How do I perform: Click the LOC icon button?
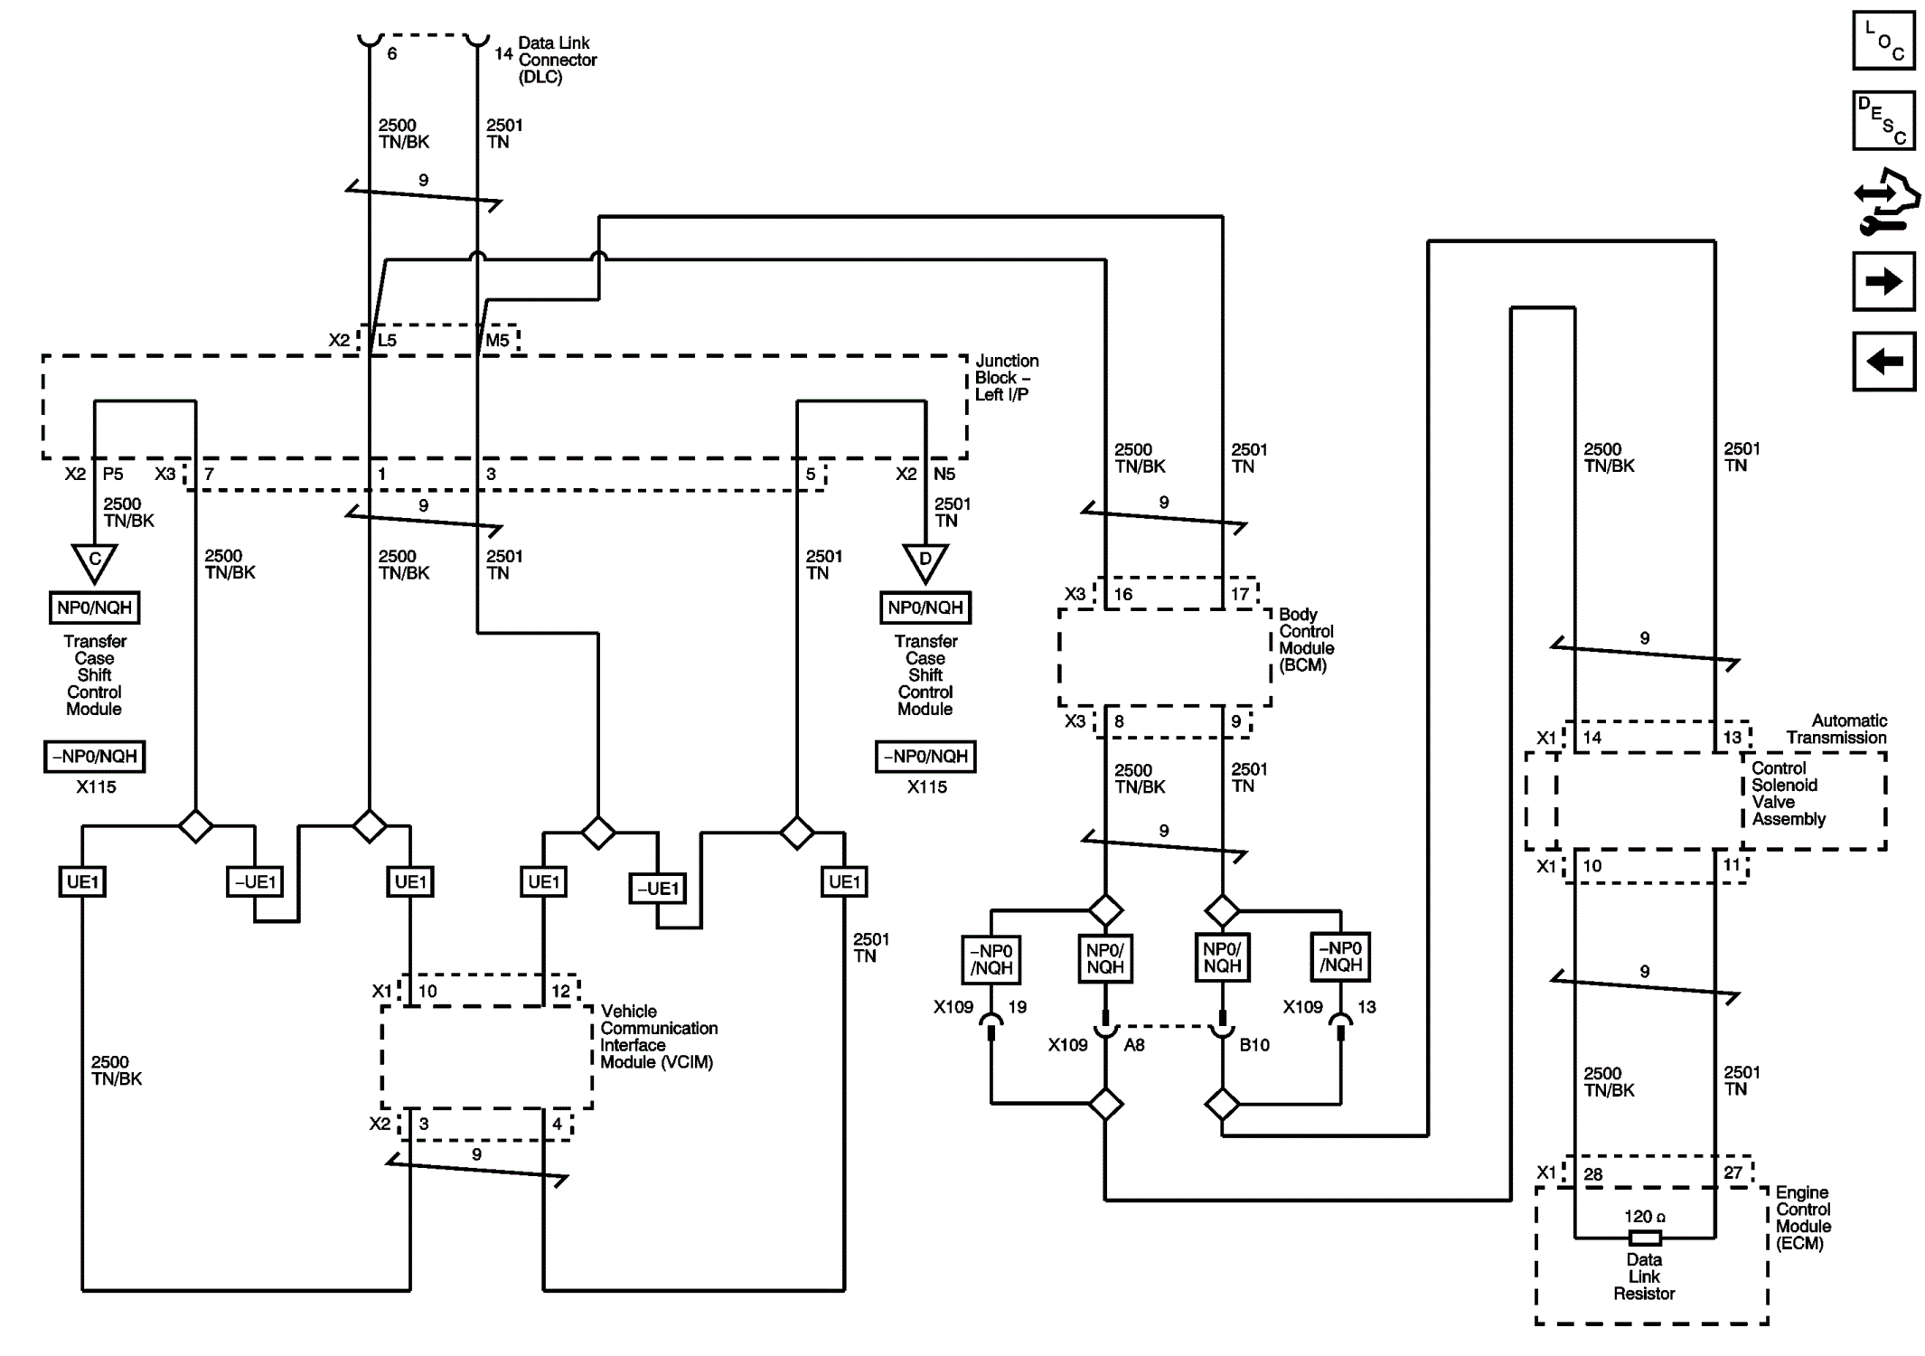(x=1883, y=40)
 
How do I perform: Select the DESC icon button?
(x=1883, y=119)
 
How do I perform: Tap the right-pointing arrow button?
(x=1883, y=281)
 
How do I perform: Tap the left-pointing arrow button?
(x=1883, y=362)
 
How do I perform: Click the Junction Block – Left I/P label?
(x=1007, y=378)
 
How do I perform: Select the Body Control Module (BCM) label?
(x=1306, y=640)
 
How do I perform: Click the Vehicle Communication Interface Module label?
(x=659, y=1036)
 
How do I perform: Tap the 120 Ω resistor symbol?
(x=1644, y=1238)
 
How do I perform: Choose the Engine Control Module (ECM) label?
(x=1803, y=1218)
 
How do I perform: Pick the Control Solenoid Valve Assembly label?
(x=1789, y=794)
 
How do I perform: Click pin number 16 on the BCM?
(x=1122, y=594)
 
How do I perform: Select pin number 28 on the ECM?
(x=1592, y=1174)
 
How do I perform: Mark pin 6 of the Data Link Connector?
(x=391, y=54)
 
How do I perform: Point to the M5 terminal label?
(x=498, y=341)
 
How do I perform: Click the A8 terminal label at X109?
(x=1134, y=1045)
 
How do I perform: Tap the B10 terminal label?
(x=1254, y=1045)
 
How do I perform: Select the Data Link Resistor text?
(x=1644, y=1276)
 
